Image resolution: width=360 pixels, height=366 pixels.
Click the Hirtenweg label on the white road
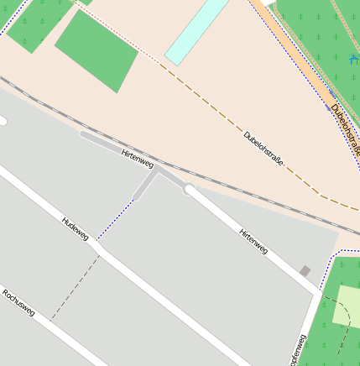click(253, 240)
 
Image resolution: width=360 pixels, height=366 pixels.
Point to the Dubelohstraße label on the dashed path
click(263, 148)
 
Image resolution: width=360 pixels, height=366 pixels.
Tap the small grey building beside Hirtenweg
click(305, 271)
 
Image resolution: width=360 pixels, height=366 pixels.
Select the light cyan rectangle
click(196, 32)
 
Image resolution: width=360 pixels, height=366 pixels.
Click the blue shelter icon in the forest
click(353, 59)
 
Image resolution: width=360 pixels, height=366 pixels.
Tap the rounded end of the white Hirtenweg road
click(190, 191)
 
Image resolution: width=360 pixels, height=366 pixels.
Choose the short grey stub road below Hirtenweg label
click(144, 186)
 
